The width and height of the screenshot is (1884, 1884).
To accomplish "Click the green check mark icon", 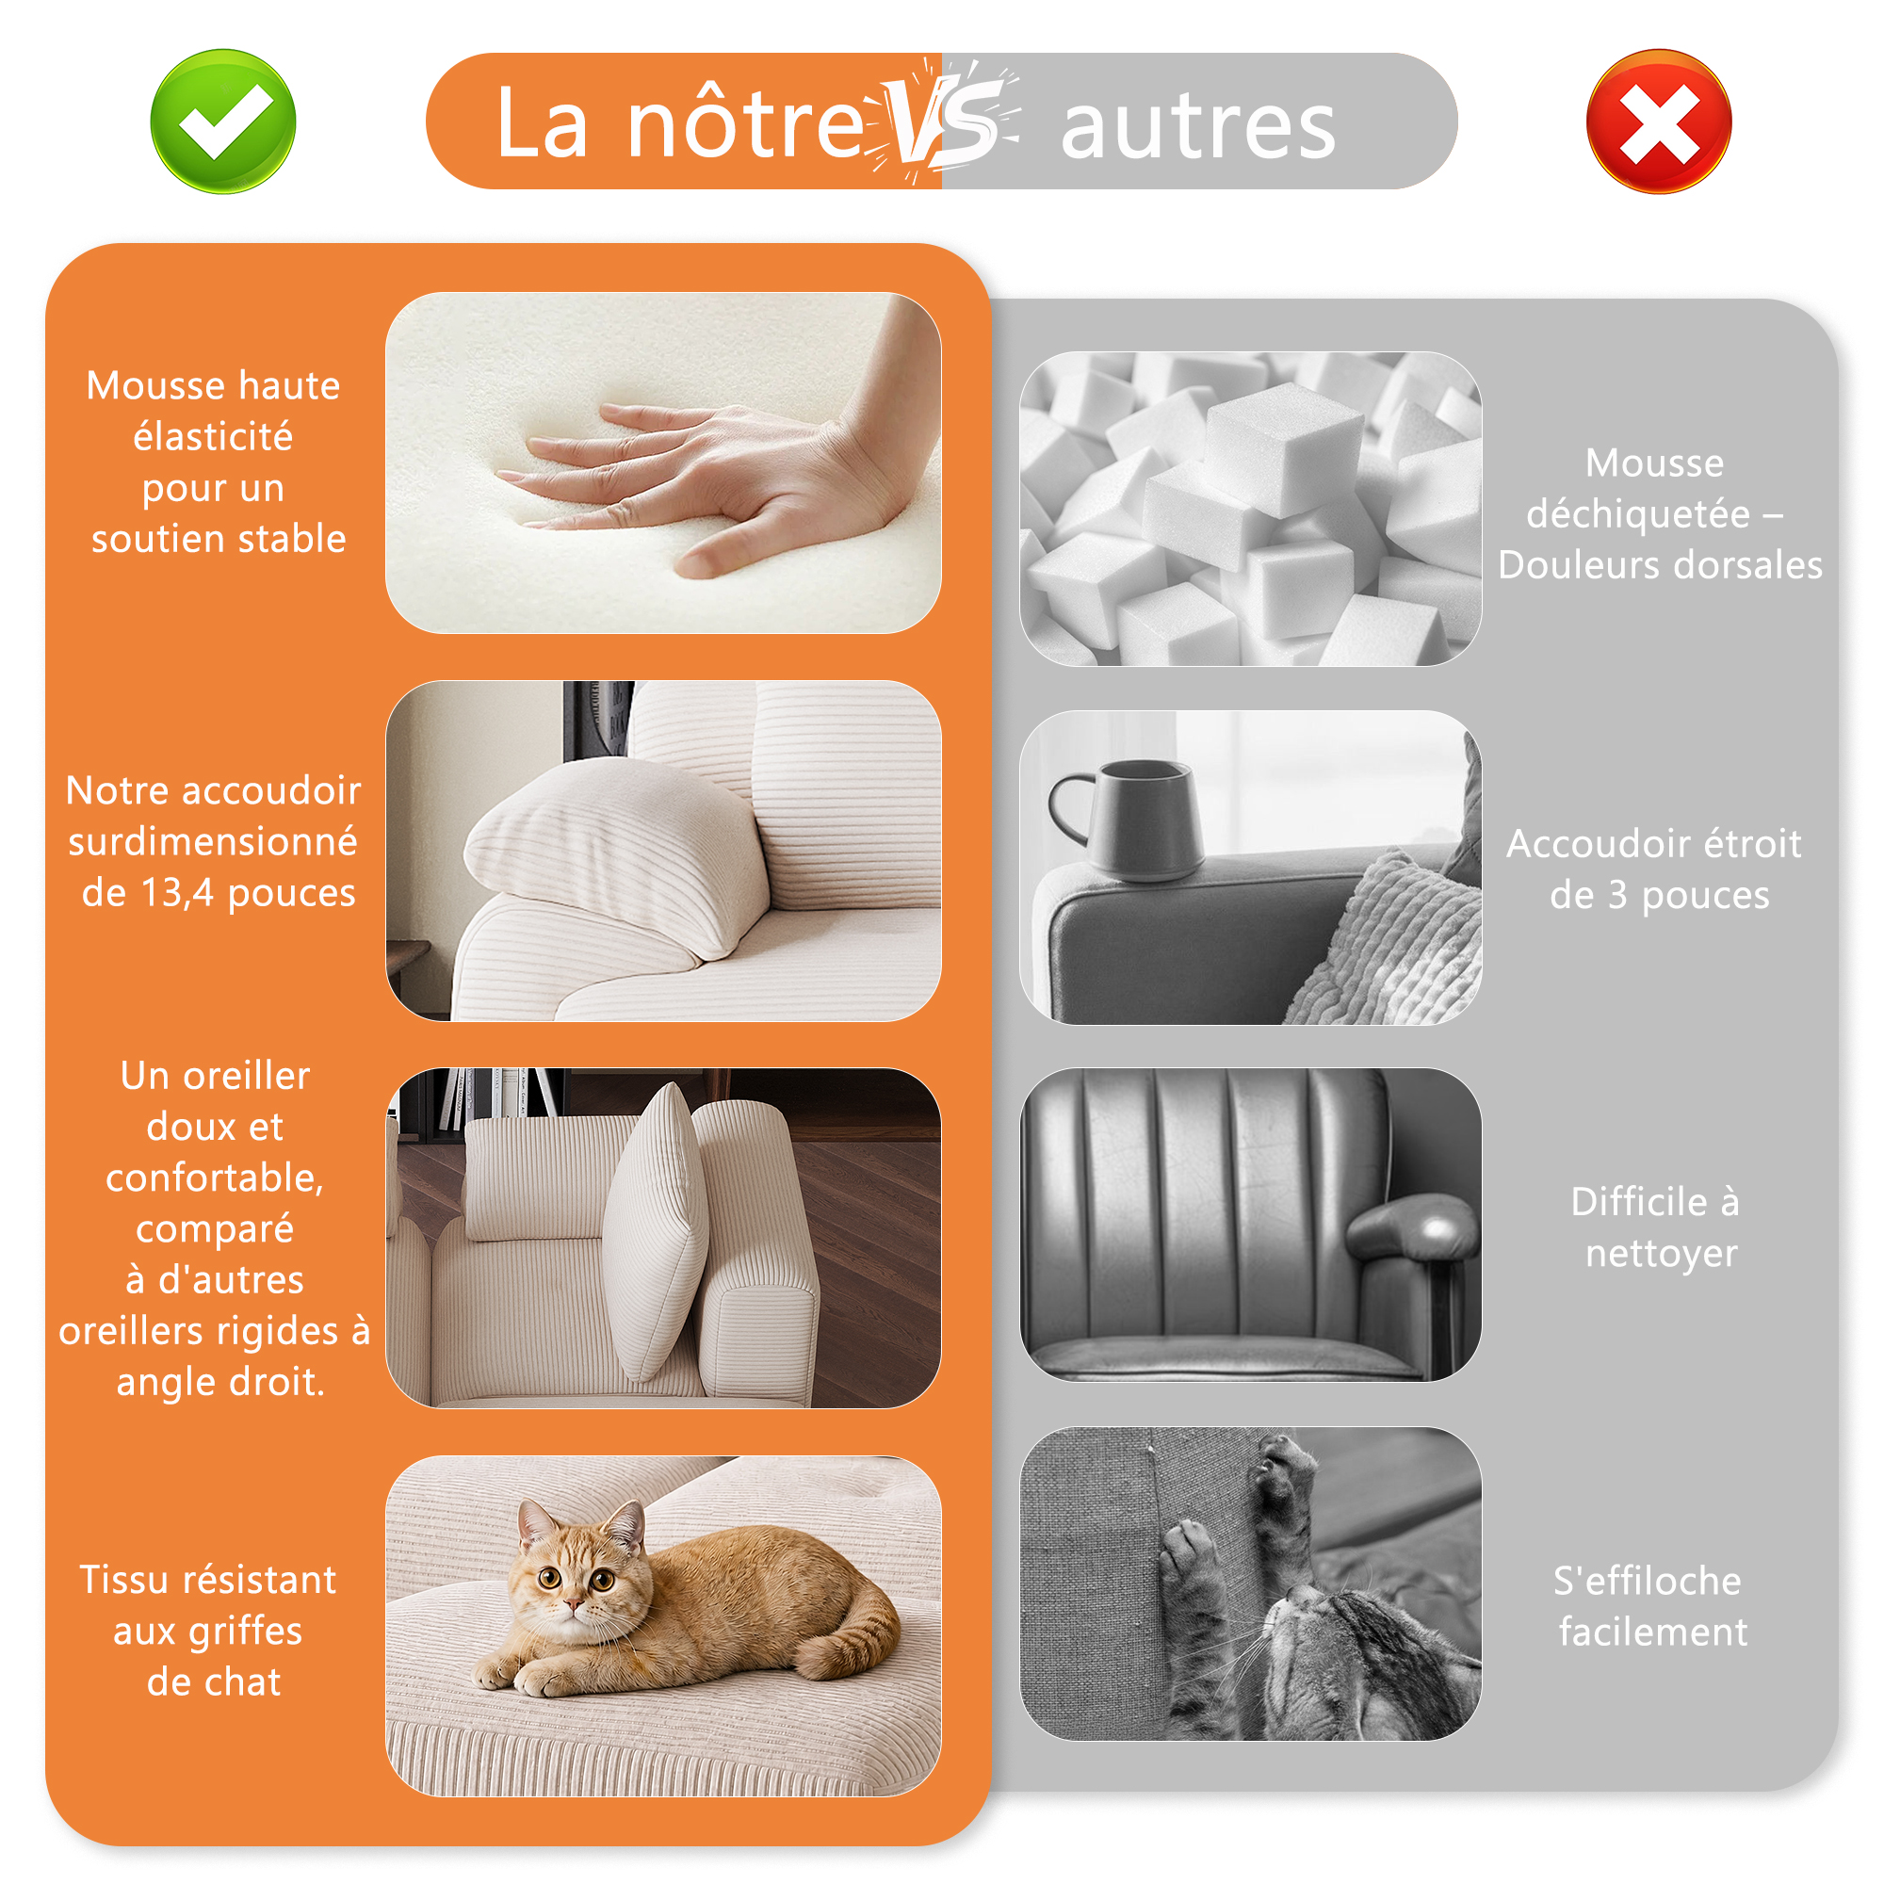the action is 223,121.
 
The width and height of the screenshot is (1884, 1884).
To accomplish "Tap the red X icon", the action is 1659,121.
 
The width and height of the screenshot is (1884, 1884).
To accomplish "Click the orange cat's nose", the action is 575,1602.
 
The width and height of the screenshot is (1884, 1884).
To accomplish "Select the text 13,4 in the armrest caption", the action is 176,892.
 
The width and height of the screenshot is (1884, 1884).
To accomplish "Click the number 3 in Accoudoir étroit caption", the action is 1617,894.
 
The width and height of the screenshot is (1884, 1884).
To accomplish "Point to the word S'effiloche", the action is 1647,1580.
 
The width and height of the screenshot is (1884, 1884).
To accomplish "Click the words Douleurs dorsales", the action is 1660,564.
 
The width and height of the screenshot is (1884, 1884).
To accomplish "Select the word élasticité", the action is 213,436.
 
